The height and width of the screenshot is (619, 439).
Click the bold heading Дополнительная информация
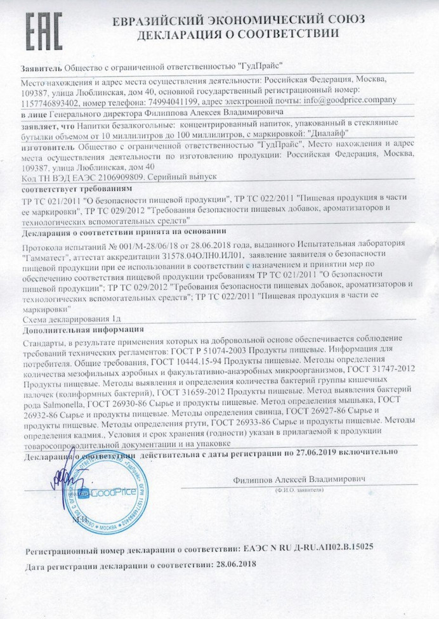(x=83, y=330)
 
